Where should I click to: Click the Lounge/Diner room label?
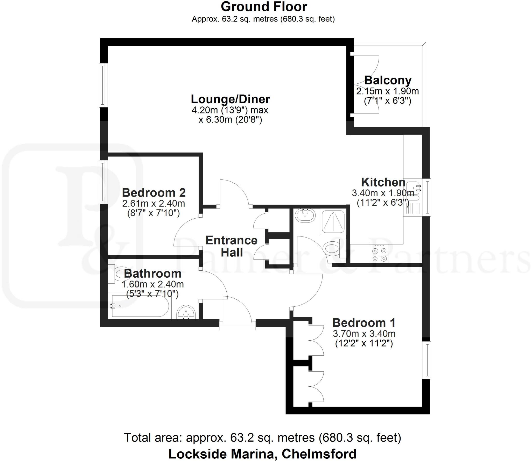click(230, 99)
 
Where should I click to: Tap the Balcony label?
click(388, 80)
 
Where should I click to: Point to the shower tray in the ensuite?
click(333, 222)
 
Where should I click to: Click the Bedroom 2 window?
click(103, 182)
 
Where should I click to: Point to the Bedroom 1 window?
click(427, 360)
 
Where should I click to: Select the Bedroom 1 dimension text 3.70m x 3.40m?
click(364, 333)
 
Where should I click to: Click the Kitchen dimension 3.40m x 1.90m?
click(383, 193)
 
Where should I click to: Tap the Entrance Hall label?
click(231, 246)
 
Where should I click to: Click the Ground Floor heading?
click(264, 7)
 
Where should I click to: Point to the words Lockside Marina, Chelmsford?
click(262, 454)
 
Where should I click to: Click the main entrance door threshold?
click(237, 328)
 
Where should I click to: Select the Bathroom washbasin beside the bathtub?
click(186, 312)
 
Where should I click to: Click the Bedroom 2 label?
click(154, 193)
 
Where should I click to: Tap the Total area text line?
click(262, 437)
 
